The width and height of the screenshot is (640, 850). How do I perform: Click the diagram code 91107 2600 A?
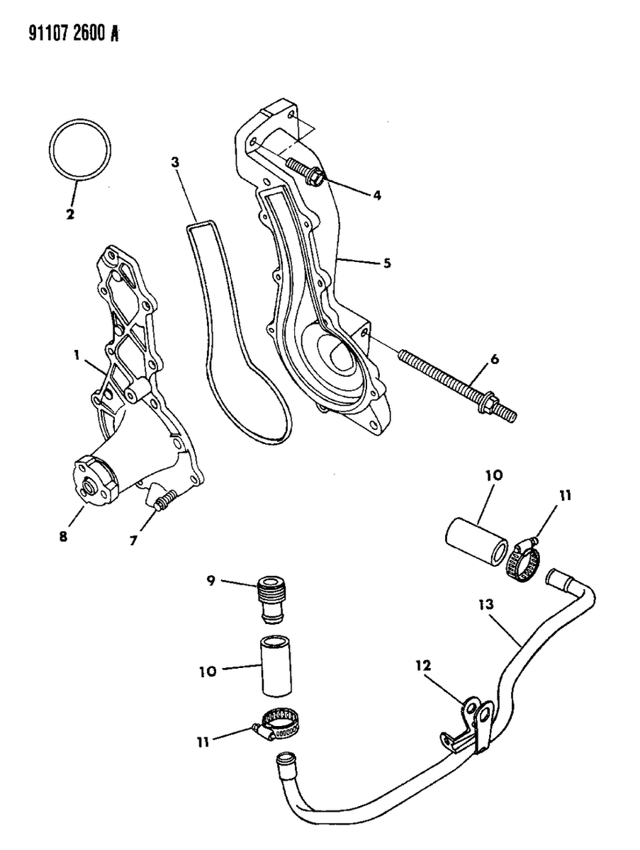click(63, 33)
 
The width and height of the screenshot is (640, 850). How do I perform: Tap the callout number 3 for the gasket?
click(174, 162)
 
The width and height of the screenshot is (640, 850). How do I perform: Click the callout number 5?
click(387, 263)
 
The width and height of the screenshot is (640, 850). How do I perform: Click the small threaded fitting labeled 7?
click(164, 504)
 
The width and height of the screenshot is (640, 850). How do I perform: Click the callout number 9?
click(210, 581)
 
